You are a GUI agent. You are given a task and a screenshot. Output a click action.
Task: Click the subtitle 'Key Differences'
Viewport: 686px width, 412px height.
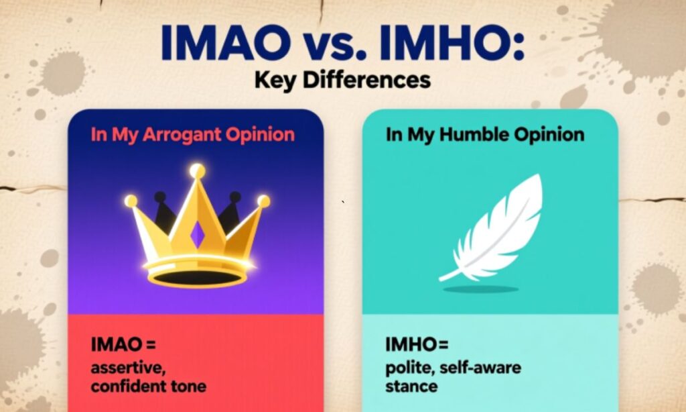(342, 81)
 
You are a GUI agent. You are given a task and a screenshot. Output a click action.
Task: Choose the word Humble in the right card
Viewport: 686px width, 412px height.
(472, 134)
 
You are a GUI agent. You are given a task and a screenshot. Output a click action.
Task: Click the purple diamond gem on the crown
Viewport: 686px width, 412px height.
(198, 234)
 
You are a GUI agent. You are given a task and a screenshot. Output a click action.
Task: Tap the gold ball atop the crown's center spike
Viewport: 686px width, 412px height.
(197, 172)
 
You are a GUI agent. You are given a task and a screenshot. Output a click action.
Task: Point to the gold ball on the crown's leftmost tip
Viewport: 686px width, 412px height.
(131, 201)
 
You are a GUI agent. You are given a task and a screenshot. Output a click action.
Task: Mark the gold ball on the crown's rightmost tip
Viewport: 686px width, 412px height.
(264, 201)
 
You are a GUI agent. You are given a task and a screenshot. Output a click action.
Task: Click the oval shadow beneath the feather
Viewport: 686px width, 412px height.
(480, 289)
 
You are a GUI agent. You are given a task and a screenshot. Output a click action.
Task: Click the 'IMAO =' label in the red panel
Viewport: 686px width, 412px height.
(123, 346)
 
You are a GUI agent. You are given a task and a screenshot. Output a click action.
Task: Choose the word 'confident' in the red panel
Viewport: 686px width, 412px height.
(125, 387)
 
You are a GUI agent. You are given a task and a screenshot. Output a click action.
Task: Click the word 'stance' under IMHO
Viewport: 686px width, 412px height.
(411, 387)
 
